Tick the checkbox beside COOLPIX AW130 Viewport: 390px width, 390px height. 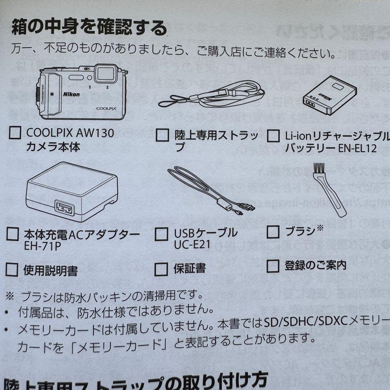coord(14,134)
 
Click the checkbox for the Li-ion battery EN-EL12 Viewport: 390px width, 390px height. coord(273,136)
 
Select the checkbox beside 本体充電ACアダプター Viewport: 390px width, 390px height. coord(13,234)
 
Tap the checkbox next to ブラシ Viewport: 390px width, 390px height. coord(273,232)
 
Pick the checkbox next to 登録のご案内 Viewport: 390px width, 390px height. coord(273,266)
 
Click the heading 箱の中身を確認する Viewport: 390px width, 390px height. coord(89,28)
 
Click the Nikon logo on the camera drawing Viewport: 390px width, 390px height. coord(72,94)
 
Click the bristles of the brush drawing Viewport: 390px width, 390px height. coord(318,168)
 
